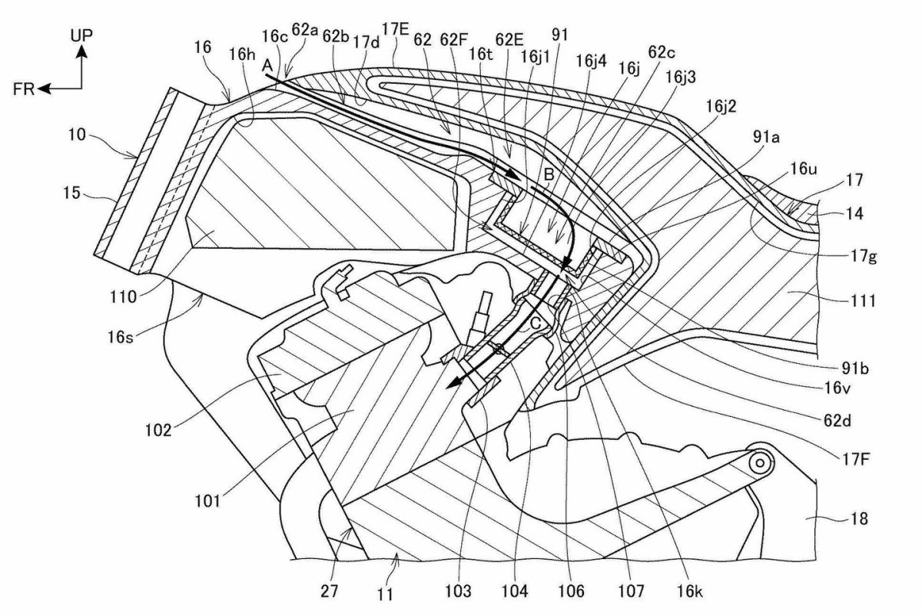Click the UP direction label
coord(81,35)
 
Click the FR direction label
coord(24,89)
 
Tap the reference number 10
coord(77,134)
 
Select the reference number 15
coord(71,193)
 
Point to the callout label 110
coord(123,296)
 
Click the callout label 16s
coord(121,337)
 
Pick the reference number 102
coord(158,430)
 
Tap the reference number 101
coord(207,501)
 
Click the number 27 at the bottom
coord(330,591)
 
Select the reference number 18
coord(859,519)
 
